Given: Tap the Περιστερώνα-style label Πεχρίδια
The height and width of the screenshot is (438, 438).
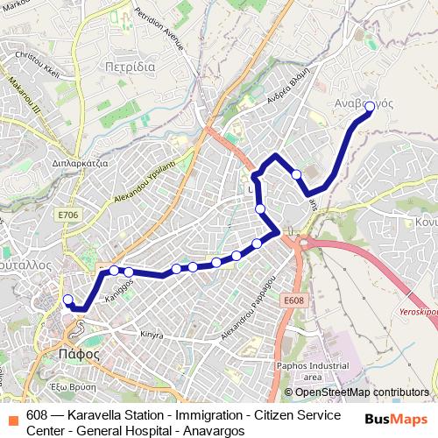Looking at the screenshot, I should tap(129, 67).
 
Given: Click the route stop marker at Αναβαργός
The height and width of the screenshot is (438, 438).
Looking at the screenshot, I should tap(369, 107).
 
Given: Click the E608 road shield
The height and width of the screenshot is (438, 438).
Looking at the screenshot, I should tap(294, 300).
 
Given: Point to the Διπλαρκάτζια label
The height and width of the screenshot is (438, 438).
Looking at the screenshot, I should tap(80, 163).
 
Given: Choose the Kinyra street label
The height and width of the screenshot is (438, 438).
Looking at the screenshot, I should tap(152, 335).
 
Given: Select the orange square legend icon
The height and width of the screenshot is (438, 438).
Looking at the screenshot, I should tap(11, 414).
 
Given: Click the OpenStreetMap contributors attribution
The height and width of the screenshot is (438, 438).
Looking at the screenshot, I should tap(362, 392).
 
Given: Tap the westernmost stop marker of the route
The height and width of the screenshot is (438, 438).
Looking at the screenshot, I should tap(68, 300).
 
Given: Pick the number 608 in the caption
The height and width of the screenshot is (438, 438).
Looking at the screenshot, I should tap(37, 415).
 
